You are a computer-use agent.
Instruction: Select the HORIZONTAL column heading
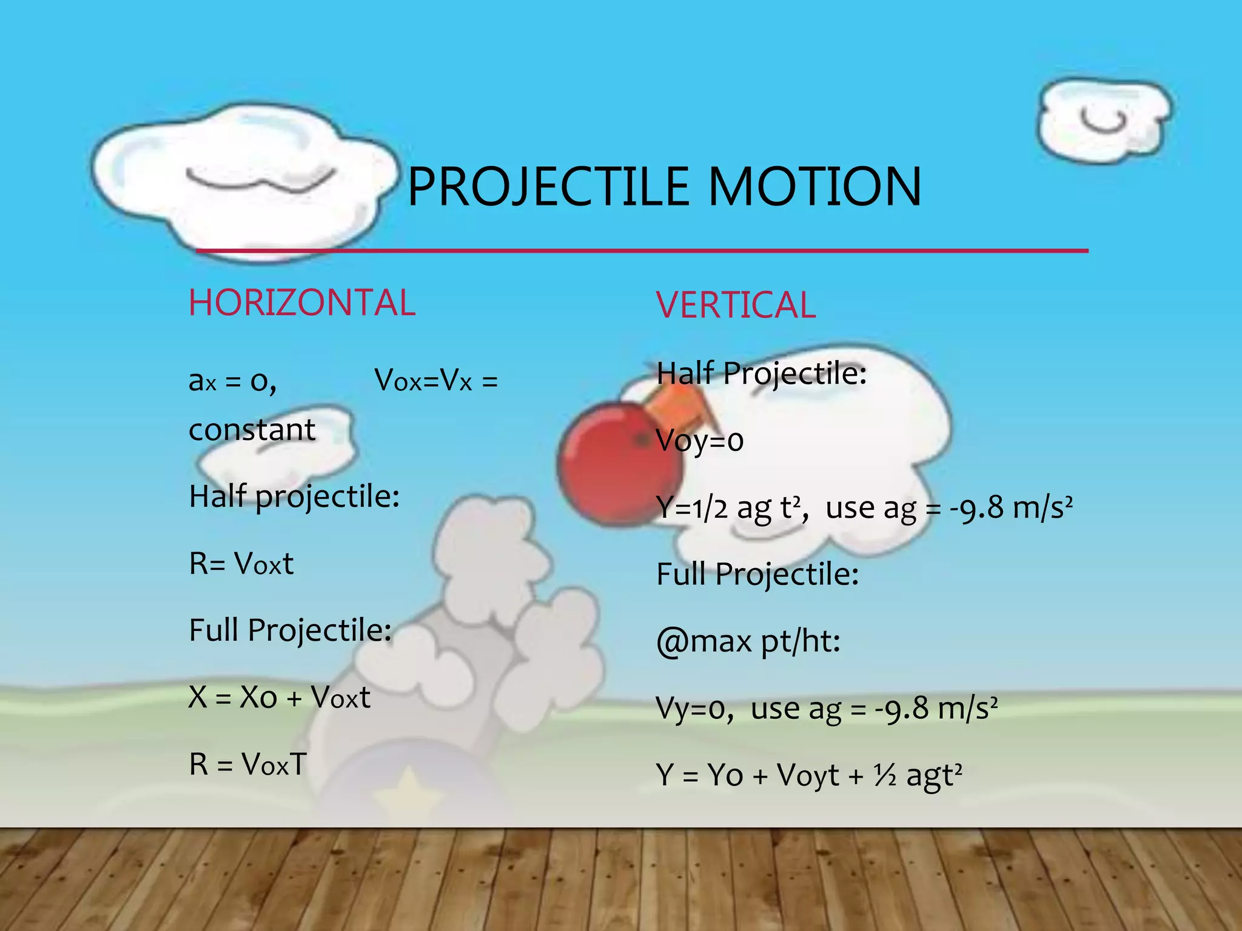click(x=302, y=303)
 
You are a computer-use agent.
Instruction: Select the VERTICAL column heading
click(x=736, y=305)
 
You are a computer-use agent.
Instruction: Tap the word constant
click(x=252, y=430)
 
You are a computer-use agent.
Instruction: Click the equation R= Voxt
click(x=241, y=564)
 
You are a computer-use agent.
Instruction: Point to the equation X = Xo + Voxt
click(x=280, y=697)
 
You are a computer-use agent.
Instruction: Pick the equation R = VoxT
click(x=248, y=764)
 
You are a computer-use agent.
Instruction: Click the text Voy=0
click(x=700, y=441)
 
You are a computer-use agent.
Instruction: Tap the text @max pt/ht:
click(x=748, y=641)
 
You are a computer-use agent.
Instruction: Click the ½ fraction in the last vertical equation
click(x=885, y=775)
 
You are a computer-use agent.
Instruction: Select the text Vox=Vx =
click(x=436, y=381)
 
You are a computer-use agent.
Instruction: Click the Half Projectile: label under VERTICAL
click(x=762, y=373)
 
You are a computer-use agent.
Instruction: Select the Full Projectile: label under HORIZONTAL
click(x=290, y=630)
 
